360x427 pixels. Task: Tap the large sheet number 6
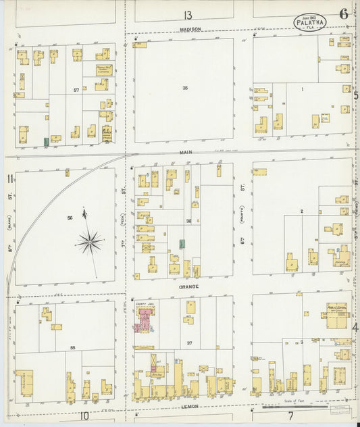pos(344,14)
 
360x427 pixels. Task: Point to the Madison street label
pos(186,29)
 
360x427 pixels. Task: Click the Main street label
pos(186,153)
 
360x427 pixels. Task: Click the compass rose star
pos(89,241)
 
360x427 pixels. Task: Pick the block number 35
pos(184,88)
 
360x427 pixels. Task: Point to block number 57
pos(77,89)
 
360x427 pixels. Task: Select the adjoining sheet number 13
pos(186,15)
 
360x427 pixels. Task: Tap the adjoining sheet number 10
pos(84,416)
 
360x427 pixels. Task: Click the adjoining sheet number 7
pos(290,417)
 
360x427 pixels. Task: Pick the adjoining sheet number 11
pos(9,178)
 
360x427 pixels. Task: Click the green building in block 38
pos(182,243)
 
